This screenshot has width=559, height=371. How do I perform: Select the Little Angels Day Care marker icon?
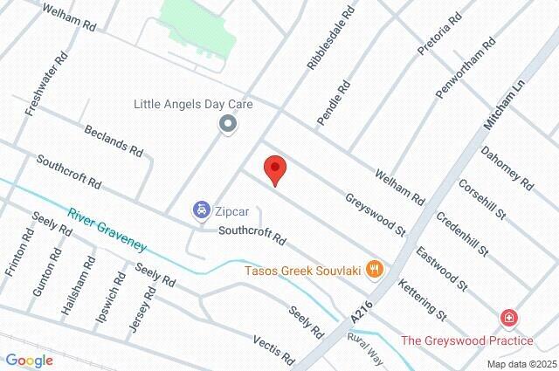pyautogui.click(x=228, y=125)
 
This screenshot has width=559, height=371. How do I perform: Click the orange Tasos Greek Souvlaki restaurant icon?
pyautogui.click(x=375, y=269)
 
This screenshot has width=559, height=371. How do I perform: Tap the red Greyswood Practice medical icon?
pyautogui.click(x=507, y=319)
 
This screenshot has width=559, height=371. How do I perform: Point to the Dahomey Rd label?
pyautogui.click(x=507, y=167)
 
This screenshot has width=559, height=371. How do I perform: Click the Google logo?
pyautogui.click(x=29, y=360)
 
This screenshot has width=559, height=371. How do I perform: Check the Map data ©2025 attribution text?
pyautogui.click(x=521, y=364)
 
